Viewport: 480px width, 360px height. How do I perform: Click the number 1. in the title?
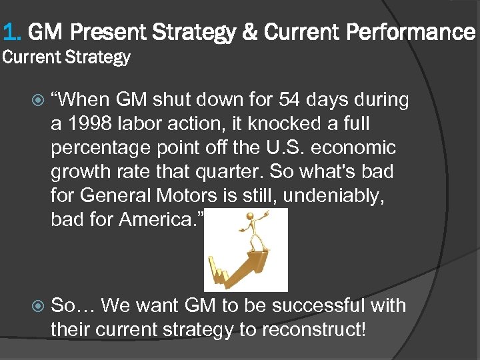(x=13, y=31)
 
